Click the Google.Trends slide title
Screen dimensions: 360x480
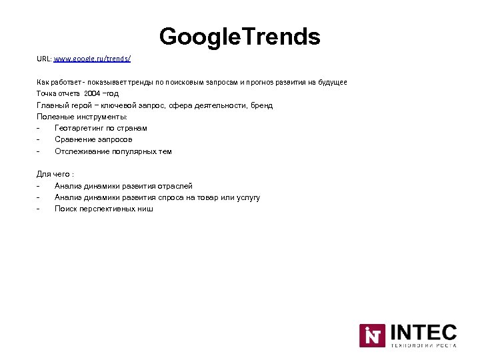[x=240, y=36]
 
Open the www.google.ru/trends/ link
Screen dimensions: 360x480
[x=92, y=59]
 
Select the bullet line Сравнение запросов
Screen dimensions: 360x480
[x=93, y=139]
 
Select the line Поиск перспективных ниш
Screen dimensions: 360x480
[x=103, y=209]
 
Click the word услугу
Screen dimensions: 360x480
[x=246, y=197]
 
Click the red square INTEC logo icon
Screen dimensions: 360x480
[x=372, y=335]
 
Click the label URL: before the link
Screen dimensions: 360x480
[x=44, y=59]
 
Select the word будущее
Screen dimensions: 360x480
[x=331, y=82]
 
